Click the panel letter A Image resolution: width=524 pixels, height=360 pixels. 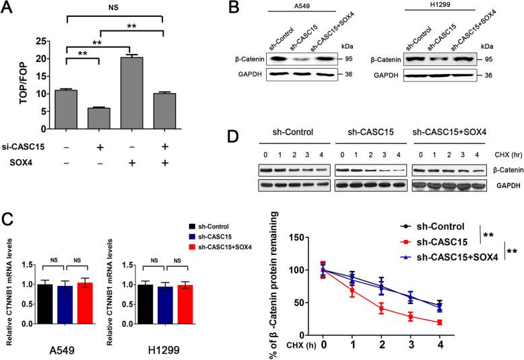pyautogui.click(x=9, y=8)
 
